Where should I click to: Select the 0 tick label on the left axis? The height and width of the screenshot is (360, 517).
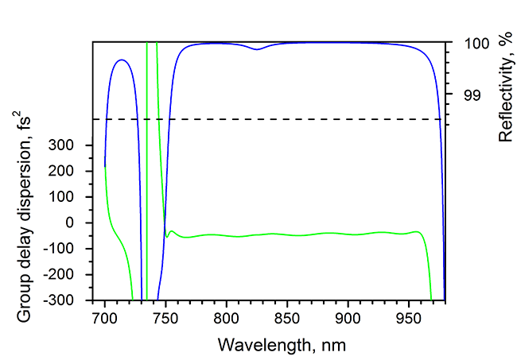78,223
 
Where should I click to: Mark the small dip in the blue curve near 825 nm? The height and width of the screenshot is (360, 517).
256,49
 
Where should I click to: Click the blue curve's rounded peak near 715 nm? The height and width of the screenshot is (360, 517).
121,60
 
